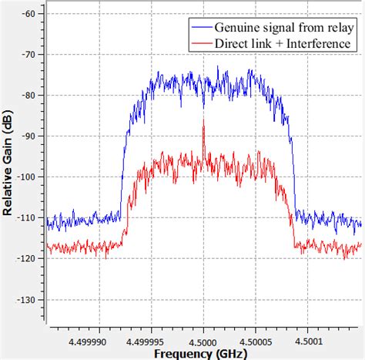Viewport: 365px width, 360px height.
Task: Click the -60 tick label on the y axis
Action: click(31, 14)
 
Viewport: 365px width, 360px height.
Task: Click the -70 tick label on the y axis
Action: click(31, 55)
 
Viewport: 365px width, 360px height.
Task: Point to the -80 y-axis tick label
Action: click(31, 96)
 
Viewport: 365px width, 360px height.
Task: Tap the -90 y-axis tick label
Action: click(31, 136)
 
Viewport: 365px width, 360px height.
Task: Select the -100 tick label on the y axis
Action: click(28, 177)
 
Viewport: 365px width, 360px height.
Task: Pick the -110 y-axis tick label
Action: click(28, 218)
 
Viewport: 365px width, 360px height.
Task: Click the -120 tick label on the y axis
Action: click(28, 259)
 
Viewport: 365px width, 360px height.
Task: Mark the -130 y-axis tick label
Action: click(28, 300)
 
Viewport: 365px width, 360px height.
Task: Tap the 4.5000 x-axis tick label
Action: click(203, 337)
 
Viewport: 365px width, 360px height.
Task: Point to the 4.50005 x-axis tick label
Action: click(255, 337)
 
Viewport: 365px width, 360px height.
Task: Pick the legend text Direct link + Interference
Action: click(284, 43)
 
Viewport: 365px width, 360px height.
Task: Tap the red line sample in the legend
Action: click(201, 43)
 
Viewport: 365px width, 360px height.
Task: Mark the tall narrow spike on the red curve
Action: click(203, 125)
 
